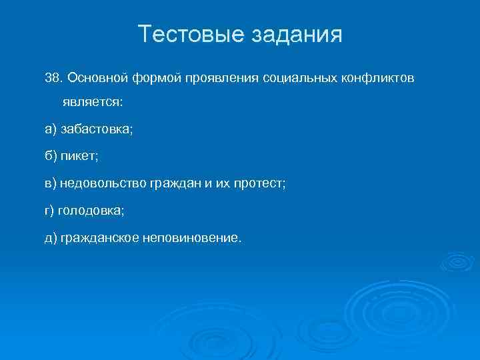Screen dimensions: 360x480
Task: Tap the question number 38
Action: pyautogui.click(x=53, y=79)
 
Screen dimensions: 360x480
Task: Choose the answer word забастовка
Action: pyautogui.click(x=97, y=129)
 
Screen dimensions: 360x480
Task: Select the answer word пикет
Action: pyautogui.click(x=78, y=156)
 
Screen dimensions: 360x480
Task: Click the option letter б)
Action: pyautogui.click(x=50, y=156)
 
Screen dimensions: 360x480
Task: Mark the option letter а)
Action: pyautogui.click(x=50, y=129)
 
